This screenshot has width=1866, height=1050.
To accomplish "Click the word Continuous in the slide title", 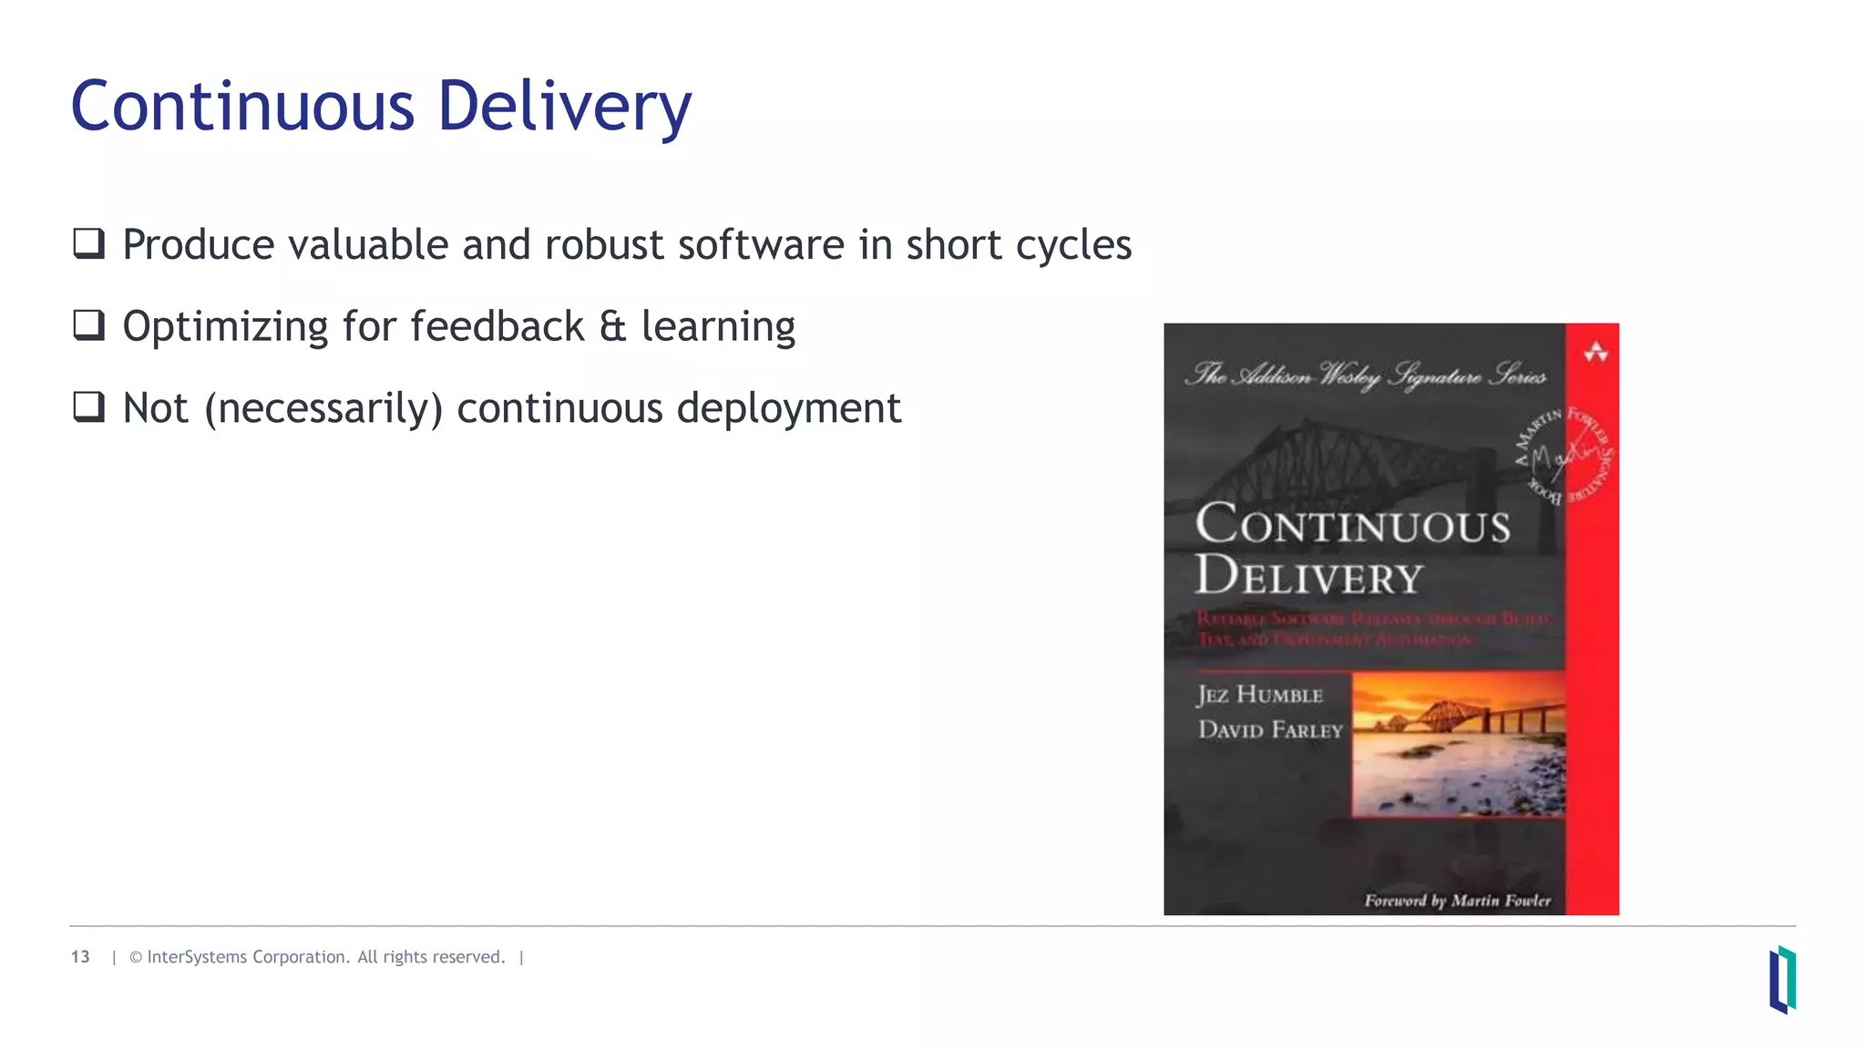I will (x=242, y=106).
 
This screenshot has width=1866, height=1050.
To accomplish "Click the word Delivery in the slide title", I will (x=564, y=108).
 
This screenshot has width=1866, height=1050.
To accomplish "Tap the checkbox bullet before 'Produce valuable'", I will (x=89, y=243).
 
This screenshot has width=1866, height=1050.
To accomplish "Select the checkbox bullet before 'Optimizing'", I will (x=89, y=325).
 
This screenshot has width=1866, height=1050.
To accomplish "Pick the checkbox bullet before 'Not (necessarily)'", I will (x=89, y=407).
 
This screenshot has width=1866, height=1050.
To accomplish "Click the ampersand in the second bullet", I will (x=612, y=326).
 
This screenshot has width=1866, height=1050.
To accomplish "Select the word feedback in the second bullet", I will (x=497, y=326).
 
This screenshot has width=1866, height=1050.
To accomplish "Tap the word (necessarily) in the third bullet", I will (x=323, y=408).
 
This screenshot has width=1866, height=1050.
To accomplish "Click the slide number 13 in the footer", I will (x=80, y=957).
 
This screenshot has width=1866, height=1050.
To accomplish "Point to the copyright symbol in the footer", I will (x=136, y=957).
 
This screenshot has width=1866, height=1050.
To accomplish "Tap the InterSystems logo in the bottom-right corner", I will (x=1782, y=979).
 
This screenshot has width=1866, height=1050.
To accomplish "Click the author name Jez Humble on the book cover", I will (x=1259, y=695).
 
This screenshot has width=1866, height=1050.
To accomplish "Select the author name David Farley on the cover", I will (x=1270, y=729).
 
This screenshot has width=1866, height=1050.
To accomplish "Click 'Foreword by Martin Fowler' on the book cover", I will (x=1457, y=901).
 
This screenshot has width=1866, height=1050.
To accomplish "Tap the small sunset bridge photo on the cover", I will (x=1458, y=744).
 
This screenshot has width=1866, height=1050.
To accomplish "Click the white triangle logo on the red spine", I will (x=1595, y=352).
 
